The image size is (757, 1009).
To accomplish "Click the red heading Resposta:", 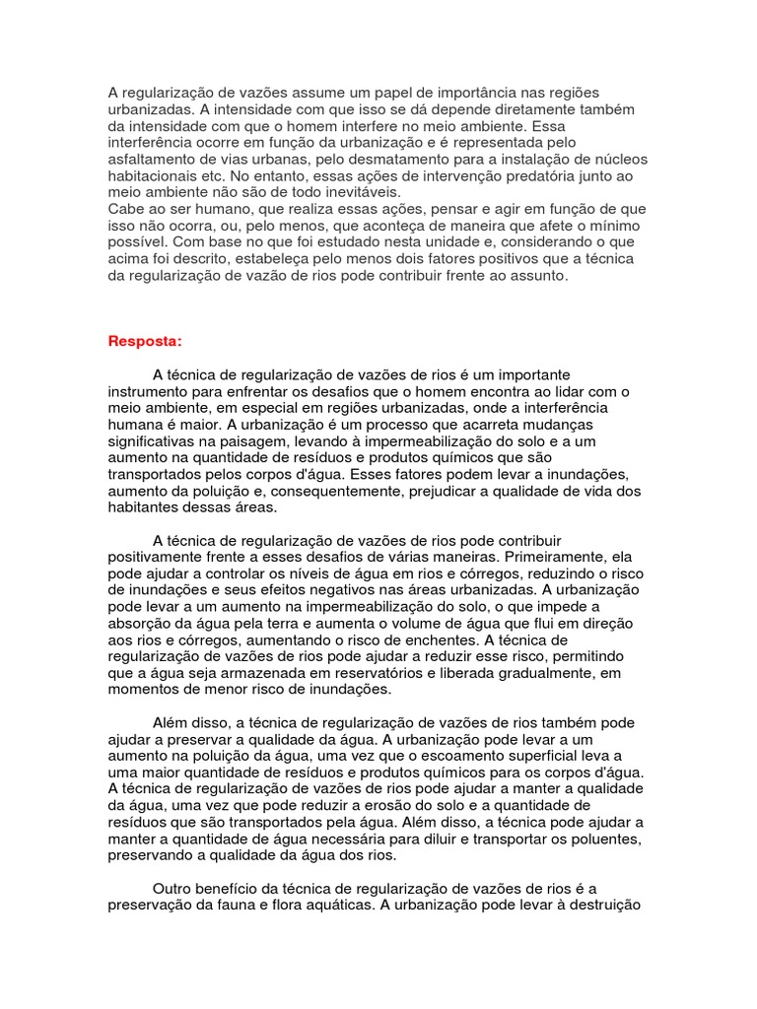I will point(145,341).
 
